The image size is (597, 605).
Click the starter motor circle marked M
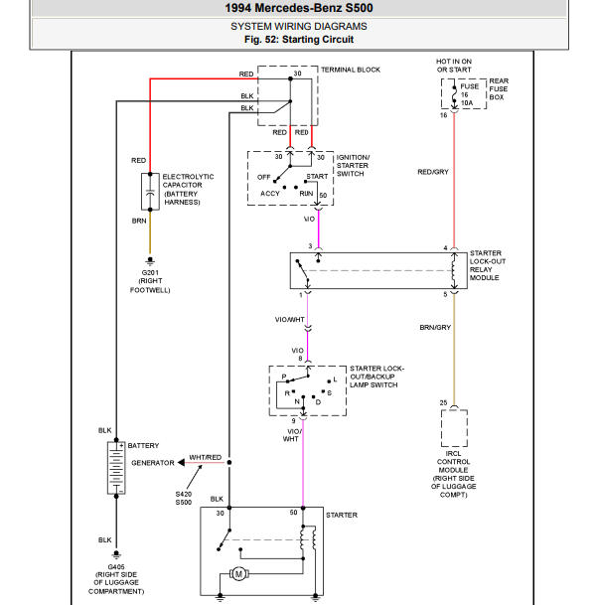click(238, 574)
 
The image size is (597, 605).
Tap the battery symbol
click(116, 468)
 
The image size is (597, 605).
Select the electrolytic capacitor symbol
click(150, 192)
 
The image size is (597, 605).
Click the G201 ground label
click(150, 272)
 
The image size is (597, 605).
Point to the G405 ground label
click(116, 567)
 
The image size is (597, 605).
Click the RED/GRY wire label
click(433, 172)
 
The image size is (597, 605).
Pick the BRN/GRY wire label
click(435, 327)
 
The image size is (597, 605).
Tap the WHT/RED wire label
click(206, 457)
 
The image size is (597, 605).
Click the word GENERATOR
click(153, 463)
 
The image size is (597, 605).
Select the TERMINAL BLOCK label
click(351, 70)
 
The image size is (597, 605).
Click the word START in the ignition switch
click(317, 176)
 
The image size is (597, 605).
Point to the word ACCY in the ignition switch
click(270, 194)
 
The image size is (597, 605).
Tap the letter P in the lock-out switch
click(284, 377)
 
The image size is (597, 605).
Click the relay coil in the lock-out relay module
click(454, 270)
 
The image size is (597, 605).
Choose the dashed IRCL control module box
click(454, 428)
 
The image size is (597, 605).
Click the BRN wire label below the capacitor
click(139, 221)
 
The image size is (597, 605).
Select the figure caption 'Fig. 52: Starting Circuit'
click(299, 40)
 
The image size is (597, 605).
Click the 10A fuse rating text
click(467, 103)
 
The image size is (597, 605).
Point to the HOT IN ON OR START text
click(454, 66)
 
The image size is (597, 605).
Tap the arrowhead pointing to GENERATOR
click(181, 462)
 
